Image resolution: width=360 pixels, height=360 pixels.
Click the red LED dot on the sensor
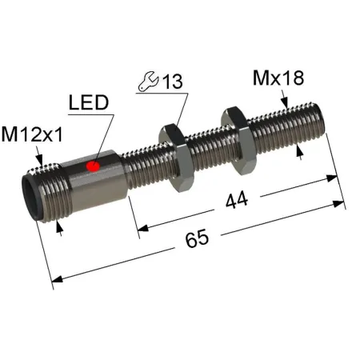(x=93, y=166)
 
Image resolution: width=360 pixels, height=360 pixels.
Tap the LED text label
(x=89, y=102)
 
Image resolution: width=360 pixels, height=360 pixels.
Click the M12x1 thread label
(x=32, y=134)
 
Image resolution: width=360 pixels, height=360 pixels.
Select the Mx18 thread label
(x=278, y=78)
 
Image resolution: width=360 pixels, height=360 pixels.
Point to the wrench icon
(x=148, y=81)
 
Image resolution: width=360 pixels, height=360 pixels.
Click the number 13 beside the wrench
(x=173, y=82)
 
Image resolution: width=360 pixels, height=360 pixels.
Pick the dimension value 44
(x=237, y=200)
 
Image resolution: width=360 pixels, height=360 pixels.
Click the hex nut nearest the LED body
(x=176, y=158)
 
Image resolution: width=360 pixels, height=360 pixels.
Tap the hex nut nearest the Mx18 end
(x=238, y=141)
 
